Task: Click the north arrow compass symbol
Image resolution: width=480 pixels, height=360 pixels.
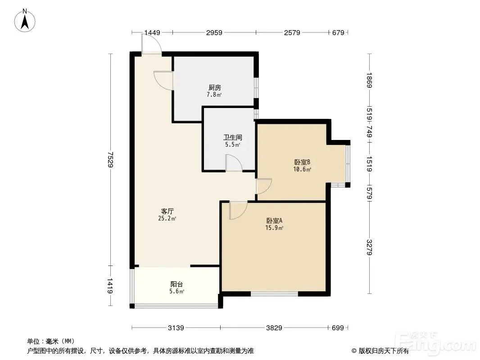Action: [25, 21]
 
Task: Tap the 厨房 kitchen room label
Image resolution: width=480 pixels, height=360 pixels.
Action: [214, 88]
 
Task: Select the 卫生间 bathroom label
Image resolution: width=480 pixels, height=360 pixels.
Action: [233, 137]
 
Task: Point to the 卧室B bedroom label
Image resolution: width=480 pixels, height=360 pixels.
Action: [302, 162]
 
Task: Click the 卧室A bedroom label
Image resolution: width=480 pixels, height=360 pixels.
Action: [274, 220]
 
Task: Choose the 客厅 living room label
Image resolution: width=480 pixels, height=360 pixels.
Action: [168, 211]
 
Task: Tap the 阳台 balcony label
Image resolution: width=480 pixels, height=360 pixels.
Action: [177, 284]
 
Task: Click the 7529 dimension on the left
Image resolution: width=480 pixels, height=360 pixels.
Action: [110, 160]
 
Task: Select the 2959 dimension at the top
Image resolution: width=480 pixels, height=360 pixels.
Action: [214, 32]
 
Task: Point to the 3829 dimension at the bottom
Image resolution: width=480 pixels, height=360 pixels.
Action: [274, 328]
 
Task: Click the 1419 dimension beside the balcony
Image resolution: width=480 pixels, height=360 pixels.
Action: [110, 286]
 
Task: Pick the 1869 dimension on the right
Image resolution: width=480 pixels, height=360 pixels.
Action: [370, 80]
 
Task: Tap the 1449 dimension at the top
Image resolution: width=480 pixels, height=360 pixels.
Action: [152, 32]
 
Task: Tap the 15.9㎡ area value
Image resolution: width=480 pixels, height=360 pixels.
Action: [274, 228]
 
